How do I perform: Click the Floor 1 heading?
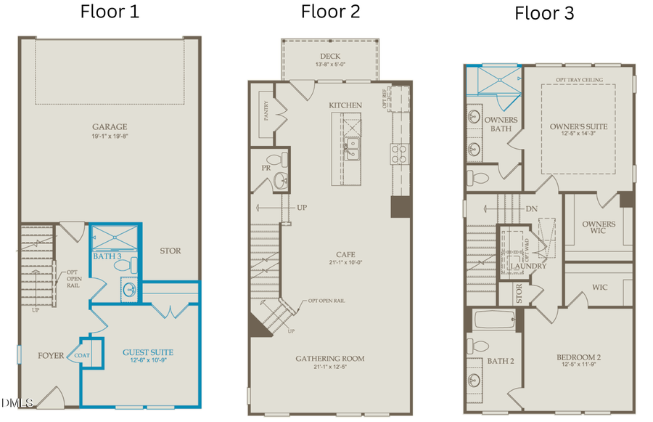click(110, 12)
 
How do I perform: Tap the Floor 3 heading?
click(544, 13)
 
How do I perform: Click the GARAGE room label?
click(110, 126)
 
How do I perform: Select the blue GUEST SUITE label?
click(148, 353)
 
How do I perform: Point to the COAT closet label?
click(83, 355)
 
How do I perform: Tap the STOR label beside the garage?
click(170, 251)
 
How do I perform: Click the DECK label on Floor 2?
click(330, 56)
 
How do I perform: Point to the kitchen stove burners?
click(400, 153)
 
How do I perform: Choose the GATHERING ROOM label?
click(330, 359)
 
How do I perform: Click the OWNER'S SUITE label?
click(578, 126)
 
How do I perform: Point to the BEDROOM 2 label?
click(579, 357)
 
